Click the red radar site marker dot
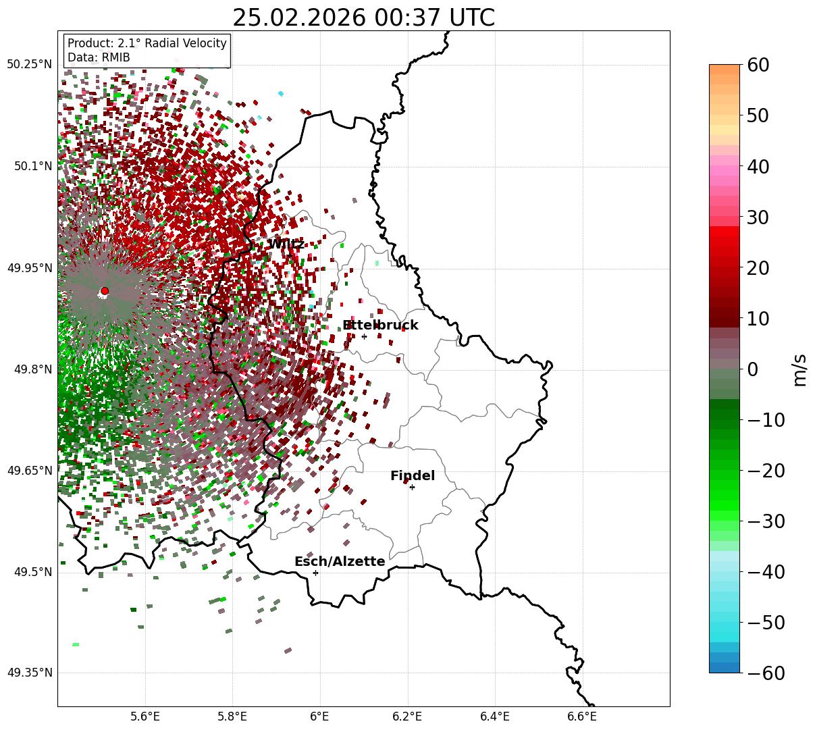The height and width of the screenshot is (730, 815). click(105, 291)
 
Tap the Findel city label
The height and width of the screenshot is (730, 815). click(413, 476)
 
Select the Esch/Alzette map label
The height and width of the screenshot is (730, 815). click(340, 562)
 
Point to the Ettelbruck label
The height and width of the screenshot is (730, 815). click(380, 325)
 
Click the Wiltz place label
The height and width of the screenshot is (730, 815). click(286, 244)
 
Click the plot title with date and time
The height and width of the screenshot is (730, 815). click(363, 18)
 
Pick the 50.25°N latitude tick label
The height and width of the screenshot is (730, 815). click(29, 65)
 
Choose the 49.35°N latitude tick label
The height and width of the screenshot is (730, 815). click(29, 673)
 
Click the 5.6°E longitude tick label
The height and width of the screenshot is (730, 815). click(145, 716)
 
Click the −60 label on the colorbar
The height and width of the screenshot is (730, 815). click(766, 673)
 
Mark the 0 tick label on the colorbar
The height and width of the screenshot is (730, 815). click(752, 369)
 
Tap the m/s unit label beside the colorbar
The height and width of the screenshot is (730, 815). click(800, 369)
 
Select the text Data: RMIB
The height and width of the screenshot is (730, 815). click(99, 57)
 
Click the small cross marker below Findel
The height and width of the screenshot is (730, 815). click(412, 487)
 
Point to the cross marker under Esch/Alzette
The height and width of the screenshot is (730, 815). click(315, 573)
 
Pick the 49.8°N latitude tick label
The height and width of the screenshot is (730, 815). click(32, 369)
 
